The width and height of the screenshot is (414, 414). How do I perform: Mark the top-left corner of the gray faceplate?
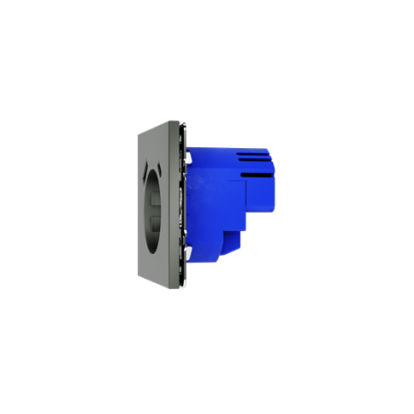click(137, 132)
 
